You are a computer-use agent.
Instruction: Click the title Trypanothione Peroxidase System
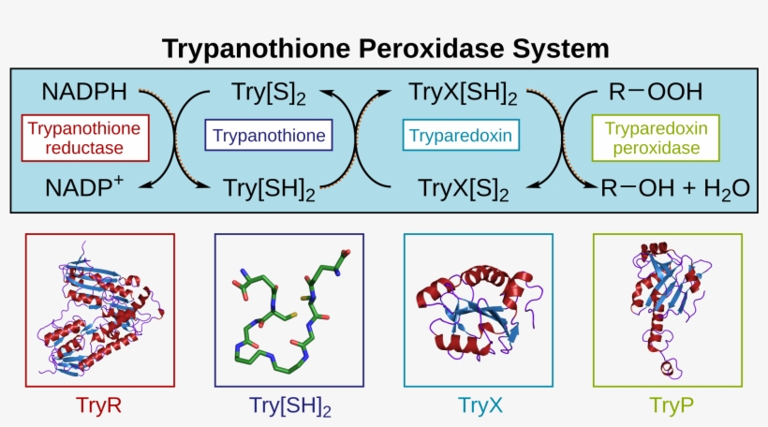386,49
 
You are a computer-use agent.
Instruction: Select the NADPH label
84,92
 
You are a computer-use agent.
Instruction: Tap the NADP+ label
84,187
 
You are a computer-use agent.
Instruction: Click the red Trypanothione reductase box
85,138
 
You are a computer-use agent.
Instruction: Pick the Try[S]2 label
269,93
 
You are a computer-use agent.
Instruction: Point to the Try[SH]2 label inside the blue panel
269,189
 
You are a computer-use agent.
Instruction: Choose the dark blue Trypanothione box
269,135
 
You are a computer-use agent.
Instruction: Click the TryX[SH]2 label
463,93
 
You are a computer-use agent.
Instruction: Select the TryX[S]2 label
464,189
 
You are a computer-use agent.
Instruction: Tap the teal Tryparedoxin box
461,135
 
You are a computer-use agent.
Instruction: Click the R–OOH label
656,92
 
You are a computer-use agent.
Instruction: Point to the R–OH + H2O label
675,188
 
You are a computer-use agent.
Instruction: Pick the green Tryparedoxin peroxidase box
656,138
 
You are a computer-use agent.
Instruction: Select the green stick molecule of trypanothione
291,312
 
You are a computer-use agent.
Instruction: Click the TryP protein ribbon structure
669,309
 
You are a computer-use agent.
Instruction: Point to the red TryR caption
98,405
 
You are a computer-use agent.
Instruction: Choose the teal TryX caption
480,405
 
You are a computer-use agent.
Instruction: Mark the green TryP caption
671,405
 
